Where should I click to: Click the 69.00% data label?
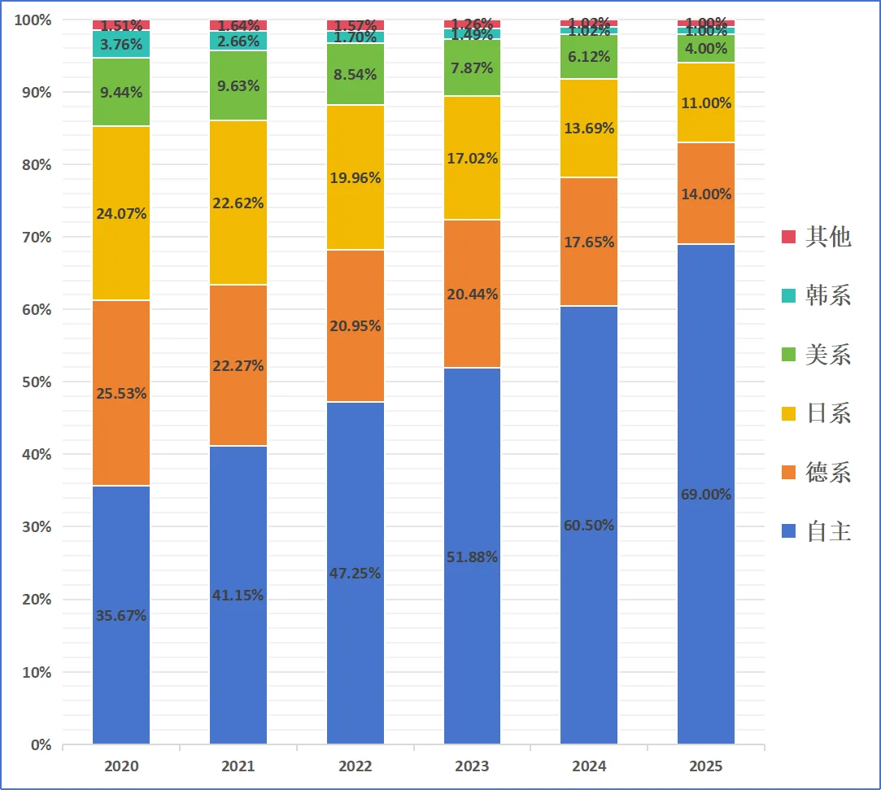pyautogui.click(x=705, y=495)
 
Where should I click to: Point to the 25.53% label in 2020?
pyautogui.click(x=120, y=394)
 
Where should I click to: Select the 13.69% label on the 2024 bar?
pyautogui.click(x=589, y=129)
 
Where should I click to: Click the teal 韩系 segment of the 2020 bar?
pyautogui.click(x=120, y=45)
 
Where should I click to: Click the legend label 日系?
pyautogui.click(x=827, y=413)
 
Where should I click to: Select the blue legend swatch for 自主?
pyautogui.click(x=788, y=532)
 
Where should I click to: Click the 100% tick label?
pyautogui.click(x=33, y=20)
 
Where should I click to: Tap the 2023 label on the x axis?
pyautogui.click(x=472, y=766)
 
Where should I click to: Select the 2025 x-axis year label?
pyautogui.click(x=705, y=766)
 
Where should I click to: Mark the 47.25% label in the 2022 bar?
pyautogui.click(x=355, y=574)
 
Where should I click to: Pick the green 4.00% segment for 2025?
pyautogui.click(x=705, y=49)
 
